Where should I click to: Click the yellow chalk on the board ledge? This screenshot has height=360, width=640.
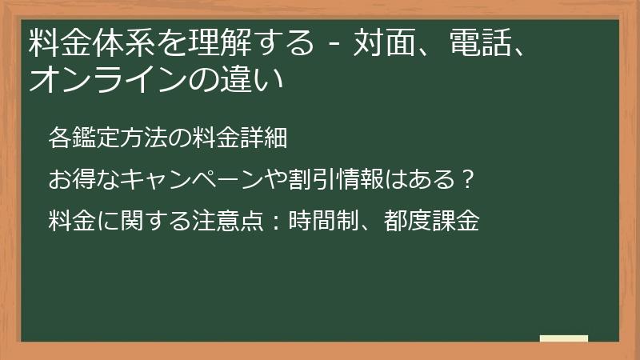564,338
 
